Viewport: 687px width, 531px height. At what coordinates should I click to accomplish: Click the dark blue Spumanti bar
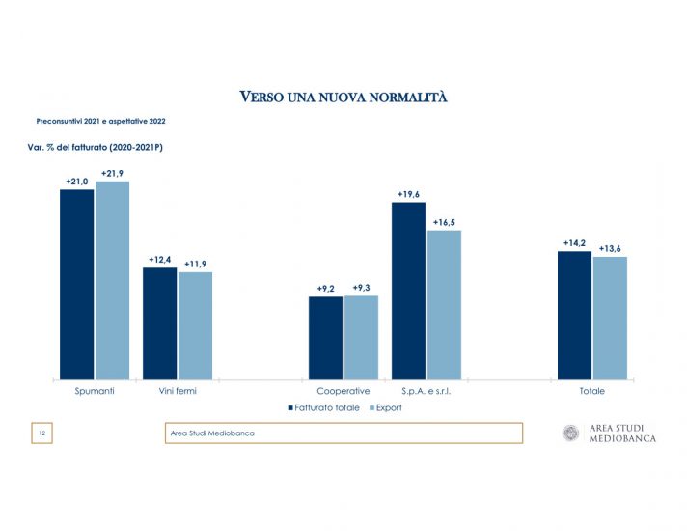76,284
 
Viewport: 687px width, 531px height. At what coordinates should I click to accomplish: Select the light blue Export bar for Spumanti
112,280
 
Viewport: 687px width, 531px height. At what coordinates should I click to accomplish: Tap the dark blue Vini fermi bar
159,323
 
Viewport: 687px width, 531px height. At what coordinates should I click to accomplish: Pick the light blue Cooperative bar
361,337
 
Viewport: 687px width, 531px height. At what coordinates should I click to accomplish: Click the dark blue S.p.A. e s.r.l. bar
408,290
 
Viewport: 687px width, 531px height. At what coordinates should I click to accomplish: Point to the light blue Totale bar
610,318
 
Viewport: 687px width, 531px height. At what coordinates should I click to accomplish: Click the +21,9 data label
113,173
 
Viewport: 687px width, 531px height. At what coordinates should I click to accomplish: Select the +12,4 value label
160,260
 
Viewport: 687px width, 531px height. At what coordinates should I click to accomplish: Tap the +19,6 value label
409,194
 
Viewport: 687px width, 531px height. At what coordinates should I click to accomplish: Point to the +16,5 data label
445,222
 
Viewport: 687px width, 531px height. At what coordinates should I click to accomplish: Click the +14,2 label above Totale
575,243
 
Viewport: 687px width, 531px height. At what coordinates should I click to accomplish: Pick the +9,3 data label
362,288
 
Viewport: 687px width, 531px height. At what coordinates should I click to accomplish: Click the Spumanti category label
95,391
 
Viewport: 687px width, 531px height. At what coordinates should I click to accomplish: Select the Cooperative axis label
343,391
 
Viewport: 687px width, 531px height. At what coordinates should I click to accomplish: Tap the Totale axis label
592,391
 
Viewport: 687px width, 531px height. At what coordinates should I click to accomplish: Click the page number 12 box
42,433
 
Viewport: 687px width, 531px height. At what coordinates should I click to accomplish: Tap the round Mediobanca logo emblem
571,433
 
